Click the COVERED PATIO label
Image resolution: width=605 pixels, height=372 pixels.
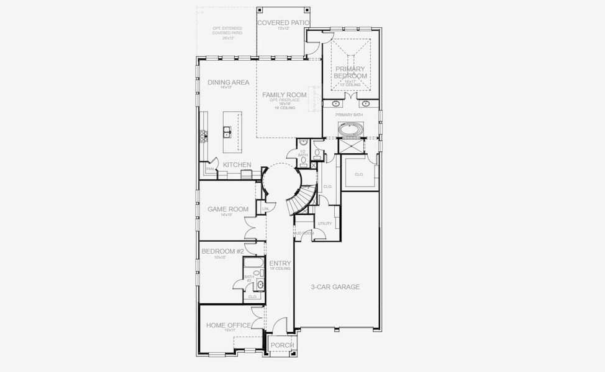(284, 23)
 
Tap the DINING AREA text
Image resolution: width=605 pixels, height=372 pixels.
(229, 82)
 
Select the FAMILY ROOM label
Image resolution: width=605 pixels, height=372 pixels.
(284, 95)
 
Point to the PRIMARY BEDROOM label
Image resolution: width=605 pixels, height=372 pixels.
(351, 72)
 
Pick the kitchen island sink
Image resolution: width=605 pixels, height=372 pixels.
(227, 131)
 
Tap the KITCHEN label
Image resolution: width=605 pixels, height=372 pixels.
(237, 165)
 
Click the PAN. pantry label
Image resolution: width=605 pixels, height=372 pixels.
(210, 169)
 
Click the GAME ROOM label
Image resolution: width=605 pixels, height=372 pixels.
(228, 210)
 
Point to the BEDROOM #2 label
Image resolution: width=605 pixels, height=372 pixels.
(222, 251)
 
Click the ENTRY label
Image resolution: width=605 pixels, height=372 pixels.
(280, 263)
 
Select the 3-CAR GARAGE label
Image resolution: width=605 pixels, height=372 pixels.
(335, 287)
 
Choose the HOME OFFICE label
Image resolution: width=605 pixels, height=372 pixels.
(229, 325)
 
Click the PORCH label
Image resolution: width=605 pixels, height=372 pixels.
(282, 345)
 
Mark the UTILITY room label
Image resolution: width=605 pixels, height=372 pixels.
(325, 224)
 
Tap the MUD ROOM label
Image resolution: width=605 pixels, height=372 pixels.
(304, 233)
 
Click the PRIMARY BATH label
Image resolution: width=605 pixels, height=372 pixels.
(349, 115)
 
